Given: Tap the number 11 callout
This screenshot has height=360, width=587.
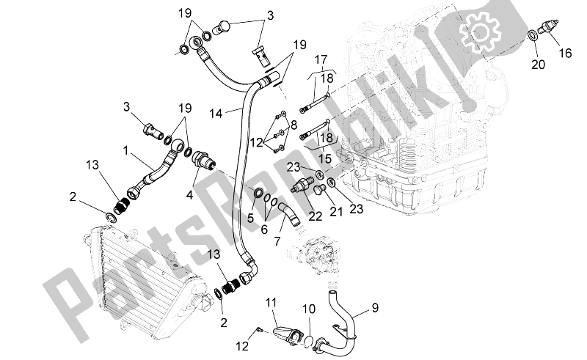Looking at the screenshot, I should [271, 301].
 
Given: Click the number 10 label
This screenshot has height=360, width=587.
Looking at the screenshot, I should [308, 309].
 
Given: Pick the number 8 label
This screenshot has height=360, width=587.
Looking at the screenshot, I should [293, 126].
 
